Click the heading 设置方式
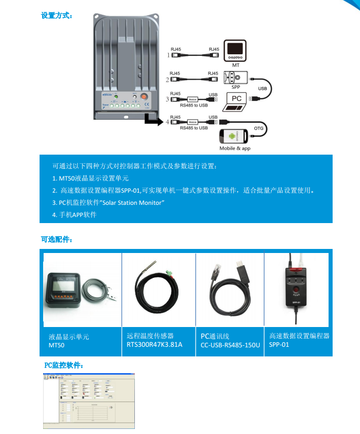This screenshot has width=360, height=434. tap(56, 15)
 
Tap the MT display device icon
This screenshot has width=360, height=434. tap(235, 51)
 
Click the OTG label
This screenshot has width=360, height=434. tap(259, 128)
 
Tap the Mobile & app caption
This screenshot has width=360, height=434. tap(235, 149)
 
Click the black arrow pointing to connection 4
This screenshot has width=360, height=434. tap(152, 120)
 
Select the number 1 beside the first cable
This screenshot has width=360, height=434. tap(168, 54)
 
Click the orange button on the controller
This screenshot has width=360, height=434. tap(143, 96)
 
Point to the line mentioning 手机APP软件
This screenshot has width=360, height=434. tap(75, 214)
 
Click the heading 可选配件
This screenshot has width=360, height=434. tap(56, 239)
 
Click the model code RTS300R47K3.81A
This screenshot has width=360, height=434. tap(154, 345)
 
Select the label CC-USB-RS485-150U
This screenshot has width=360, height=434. tap(230, 345)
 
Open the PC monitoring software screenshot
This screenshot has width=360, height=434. tap(89, 401)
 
